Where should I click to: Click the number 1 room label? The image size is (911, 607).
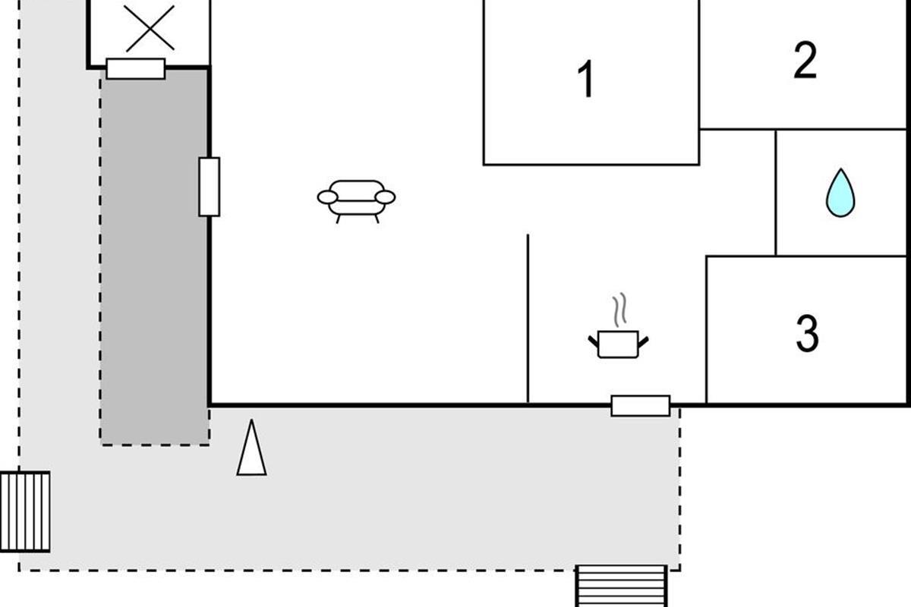tap(586, 79)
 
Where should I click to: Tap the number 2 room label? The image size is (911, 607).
tap(805, 60)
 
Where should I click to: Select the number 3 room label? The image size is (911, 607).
tap(807, 333)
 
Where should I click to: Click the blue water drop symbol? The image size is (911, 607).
tap(840, 193)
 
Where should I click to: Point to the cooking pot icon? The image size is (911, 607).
tap(618, 344)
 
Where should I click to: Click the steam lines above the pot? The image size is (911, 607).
tap(619, 310)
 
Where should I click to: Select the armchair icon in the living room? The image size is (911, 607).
tap(356, 201)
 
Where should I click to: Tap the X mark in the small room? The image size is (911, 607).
tap(150, 29)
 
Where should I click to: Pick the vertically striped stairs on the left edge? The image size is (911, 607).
tap(25, 512)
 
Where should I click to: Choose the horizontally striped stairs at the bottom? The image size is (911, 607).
tap(621, 586)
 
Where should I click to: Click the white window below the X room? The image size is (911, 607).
tap(136, 69)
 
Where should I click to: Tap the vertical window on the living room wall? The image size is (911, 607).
tap(210, 187)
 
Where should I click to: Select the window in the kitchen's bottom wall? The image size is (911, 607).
tap(641, 406)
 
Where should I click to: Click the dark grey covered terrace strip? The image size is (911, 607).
tap(155, 257)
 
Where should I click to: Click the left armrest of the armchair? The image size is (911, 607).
tap(327, 197)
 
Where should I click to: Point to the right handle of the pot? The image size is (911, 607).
tap(643, 342)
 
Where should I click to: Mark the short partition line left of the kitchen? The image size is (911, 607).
tap(528, 319)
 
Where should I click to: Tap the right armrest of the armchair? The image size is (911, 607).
tap(385, 197)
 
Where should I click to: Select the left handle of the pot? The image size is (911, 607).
tap(594, 342)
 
